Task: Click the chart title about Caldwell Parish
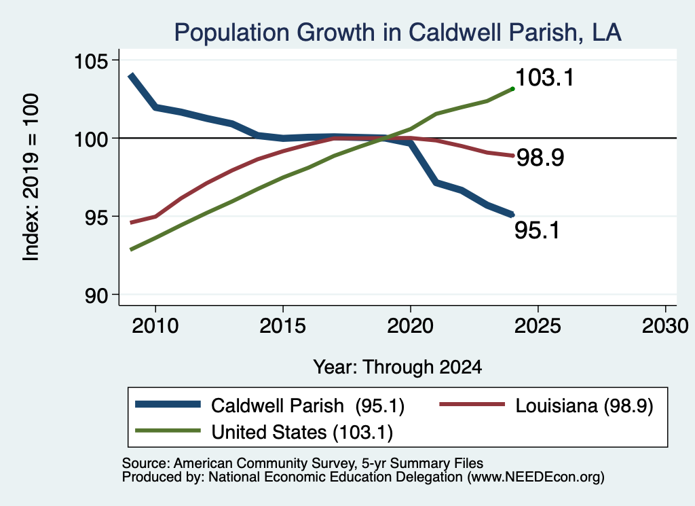pos(398,33)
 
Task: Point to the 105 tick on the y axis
pos(91,60)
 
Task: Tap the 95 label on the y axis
pos(96,217)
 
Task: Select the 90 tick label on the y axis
pos(96,295)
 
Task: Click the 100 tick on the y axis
pos(91,139)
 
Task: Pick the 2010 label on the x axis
pos(155,326)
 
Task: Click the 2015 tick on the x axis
pos(283,326)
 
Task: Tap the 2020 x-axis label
pos(411,326)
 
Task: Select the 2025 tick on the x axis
pos(538,326)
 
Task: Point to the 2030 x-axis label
pos(665,326)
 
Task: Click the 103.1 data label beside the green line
pos(545,77)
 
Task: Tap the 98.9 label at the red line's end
pos(540,158)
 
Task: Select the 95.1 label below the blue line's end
pos(538,230)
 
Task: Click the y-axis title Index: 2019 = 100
pos(31,177)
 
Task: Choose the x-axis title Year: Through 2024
pos(398,367)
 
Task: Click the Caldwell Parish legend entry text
pos(307,405)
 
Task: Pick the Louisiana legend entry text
pos(584,405)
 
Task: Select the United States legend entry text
pos(302,433)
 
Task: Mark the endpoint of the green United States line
pos(512,89)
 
